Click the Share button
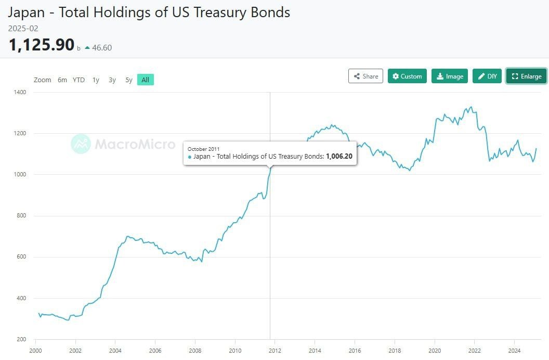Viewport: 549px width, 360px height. [x=365, y=76]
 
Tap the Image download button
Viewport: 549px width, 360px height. [x=450, y=76]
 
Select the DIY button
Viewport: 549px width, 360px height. [x=487, y=76]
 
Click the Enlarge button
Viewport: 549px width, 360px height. [x=526, y=76]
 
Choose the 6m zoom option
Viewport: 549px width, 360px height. [x=62, y=80]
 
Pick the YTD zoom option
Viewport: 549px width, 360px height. [x=79, y=80]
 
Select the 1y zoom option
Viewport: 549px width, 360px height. [x=96, y=80]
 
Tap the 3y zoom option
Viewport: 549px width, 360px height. [x=112, y=80]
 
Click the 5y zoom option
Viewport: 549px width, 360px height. [x=129, y=80]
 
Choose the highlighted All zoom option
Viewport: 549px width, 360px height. [x=146, y=80]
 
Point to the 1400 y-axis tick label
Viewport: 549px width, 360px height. [x=20, y=92]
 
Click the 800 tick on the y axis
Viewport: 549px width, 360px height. [x=22, y=216]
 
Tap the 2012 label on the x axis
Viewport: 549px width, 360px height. [x=275, y=350]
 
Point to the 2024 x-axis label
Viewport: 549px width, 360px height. [x=514, y=350]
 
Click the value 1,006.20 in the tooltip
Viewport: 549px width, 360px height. [x=339, y=157]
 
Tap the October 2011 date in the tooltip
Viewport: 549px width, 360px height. [x=204, y=149]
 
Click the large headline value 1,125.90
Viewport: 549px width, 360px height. [x=42, y=45]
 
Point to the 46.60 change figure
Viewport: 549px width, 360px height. [x=102, y=48]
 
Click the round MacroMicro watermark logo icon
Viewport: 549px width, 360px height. [x=81, y=144]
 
